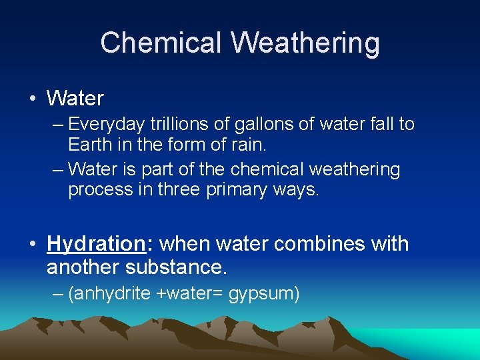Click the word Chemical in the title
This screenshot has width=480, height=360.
pyautogui.click(x=161, y=43)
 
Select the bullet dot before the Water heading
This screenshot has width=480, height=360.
pyautogui.click(x=33, y=99)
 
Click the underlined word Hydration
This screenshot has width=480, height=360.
pyautogui.click(x=96, y=244)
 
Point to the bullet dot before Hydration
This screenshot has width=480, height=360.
pyautogui.click(x=33, y=244)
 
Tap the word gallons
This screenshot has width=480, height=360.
pyautogui.click(x=253, y=125)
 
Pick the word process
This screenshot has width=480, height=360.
pyautogui.click(x=98, y=190)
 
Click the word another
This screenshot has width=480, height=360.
pyautogui.click(x=79, y=268)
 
